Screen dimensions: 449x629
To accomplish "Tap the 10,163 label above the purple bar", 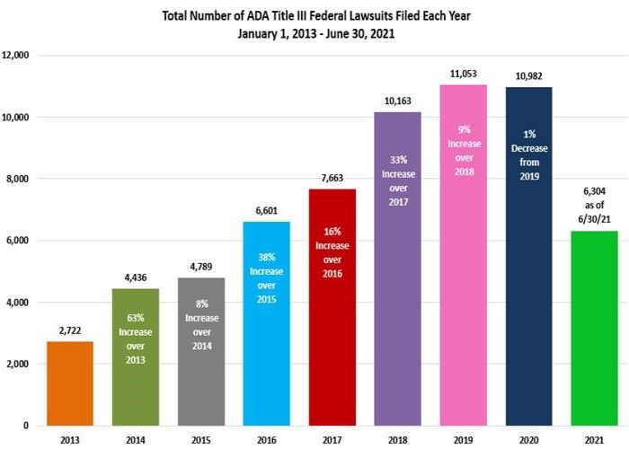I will pyautogui.click(x=397, y=101).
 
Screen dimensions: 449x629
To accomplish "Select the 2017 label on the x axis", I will pyautogui.click(x=332, y=440).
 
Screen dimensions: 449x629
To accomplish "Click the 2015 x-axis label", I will pyautogui.click(x=201, y=440).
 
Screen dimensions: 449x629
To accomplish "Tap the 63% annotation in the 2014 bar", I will pyautogui.click(x=136, y=316).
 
